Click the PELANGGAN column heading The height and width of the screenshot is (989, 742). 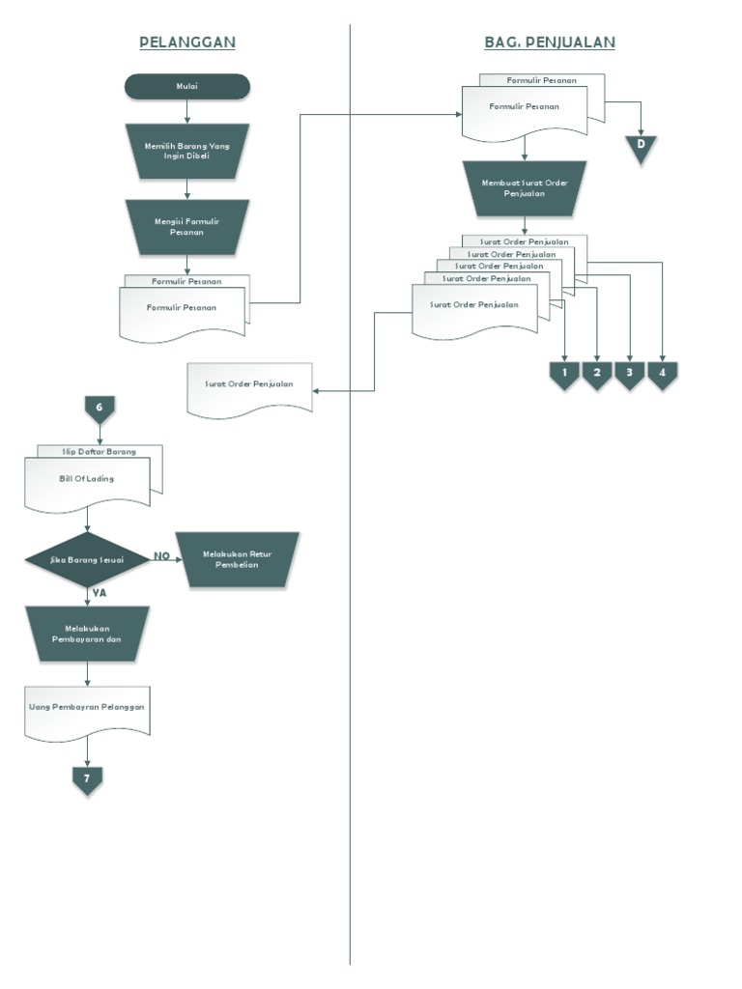point(187,42)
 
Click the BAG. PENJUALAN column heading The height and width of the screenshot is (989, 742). point(549,42)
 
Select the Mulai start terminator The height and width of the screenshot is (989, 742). point(187,87)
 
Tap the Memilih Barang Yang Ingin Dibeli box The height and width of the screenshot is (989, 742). point(187,151)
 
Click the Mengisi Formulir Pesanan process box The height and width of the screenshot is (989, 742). point(187,227)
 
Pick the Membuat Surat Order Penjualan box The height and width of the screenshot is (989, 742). point(525,187)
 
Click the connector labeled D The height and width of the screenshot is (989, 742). point(640,146)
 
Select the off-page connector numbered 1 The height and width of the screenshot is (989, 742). point(564,374)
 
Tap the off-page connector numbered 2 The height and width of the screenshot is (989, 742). point(597,374)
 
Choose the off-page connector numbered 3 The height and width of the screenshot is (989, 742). point(629,374)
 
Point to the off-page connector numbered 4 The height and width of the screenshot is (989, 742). point(662,374)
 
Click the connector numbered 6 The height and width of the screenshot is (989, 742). point(100,409)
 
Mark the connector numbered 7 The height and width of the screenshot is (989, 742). point(87,778)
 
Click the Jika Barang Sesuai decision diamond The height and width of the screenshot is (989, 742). point(87,559)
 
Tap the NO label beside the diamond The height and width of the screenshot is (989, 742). point(162,556)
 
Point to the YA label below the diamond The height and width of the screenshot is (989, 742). point(99,593)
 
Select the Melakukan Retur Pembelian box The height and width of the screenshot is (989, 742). point(237,559)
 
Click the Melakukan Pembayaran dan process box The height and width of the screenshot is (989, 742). point(87,633)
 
